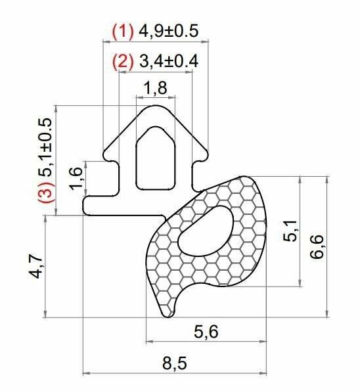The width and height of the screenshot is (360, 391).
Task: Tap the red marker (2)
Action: pos(123,62)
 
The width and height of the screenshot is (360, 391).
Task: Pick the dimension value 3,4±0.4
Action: pos(168,62)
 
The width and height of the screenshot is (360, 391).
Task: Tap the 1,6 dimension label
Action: pos(77,179)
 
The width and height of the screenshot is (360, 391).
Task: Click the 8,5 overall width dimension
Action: pos(174,363)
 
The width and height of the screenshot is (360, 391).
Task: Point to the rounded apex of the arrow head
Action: pos(156,106)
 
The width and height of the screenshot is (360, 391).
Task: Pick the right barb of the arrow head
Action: pos(204,156)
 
